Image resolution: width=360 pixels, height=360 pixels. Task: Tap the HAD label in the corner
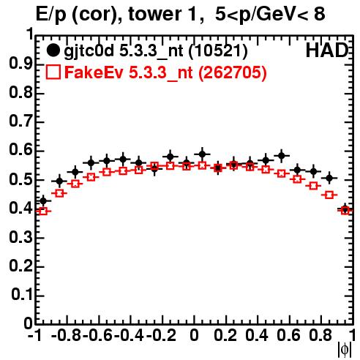[x=327, y=50]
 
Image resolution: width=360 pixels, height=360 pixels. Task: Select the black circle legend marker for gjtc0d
[x=53, y=50]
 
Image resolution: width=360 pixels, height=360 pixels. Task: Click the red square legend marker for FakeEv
[x=53, y=72]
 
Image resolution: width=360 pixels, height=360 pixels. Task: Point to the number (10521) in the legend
[x=218, y=50]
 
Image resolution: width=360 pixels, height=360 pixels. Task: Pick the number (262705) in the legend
[x=233, y=72]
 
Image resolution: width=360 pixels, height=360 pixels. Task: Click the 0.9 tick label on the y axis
[x=20, y=64]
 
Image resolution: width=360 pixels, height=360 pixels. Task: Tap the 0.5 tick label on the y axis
[x=20, y=179]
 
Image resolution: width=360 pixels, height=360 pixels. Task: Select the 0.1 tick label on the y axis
[x=22, y=295]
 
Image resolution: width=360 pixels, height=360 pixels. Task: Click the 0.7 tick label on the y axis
[x=20, y=121]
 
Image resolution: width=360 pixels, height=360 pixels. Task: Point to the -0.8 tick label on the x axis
[x=67, y=335]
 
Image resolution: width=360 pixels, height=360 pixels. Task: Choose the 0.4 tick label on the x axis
[x=257, y=335]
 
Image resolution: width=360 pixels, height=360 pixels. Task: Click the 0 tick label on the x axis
[x=194, y=335]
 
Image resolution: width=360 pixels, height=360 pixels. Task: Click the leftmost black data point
[x=43, y=201]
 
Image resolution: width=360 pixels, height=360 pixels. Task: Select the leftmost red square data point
[x=43, y=211]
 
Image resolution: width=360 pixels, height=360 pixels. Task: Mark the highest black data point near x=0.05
[x=202, y=154]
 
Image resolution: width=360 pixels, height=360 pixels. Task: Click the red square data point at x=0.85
[x=329, y=195]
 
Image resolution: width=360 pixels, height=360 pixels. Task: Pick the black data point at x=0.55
[x=282, y=155]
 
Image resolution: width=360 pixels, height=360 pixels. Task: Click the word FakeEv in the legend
[x=94, y=72]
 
